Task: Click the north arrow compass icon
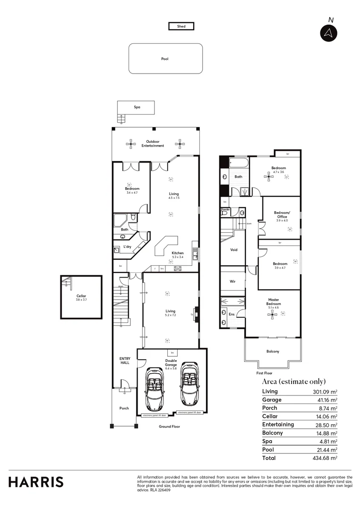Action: point(328,33)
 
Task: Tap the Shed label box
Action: point(181,26)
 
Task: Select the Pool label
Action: point(165,59)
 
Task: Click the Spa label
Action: point(137,107)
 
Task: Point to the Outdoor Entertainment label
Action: point(155,144)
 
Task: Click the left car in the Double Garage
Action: point(154,388)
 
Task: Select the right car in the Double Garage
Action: point(189,385)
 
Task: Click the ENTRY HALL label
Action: point(124,361)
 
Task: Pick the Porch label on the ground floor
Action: point(124,408)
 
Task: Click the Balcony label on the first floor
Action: point(273,351)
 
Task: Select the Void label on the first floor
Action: point(234,250)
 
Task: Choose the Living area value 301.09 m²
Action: point(324,392)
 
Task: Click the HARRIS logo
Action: point(36,482)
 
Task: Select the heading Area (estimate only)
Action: point(294,381)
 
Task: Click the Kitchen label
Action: point(178,253)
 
